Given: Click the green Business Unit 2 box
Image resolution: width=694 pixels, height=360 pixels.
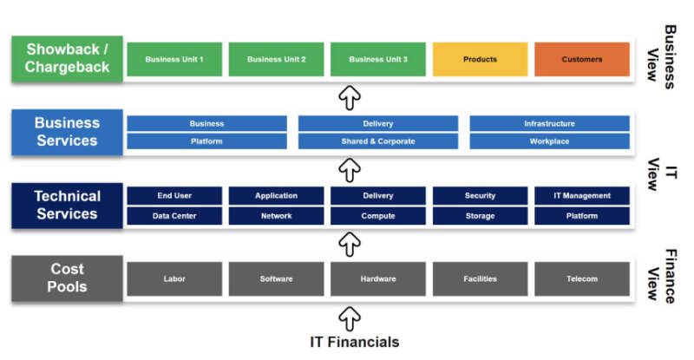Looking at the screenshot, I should (276, 59).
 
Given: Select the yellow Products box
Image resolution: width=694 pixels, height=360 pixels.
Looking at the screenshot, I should (480, 59).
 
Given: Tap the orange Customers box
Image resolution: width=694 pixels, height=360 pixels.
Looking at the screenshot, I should (581, 59).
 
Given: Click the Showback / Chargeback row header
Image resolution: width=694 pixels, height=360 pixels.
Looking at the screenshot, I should (67, 59).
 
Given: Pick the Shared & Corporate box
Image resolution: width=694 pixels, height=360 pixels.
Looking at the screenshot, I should (377, 141).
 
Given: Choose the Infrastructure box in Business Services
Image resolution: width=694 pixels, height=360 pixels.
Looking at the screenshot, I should (549, 124).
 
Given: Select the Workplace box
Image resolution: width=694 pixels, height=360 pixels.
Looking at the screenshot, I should (549, 141).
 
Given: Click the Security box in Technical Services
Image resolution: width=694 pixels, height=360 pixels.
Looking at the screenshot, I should (480, 196).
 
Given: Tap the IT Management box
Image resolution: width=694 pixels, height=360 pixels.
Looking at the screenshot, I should (581, 196).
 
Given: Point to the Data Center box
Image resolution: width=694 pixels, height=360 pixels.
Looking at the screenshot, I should (174, 216).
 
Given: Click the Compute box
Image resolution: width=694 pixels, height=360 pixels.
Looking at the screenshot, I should (377, 216).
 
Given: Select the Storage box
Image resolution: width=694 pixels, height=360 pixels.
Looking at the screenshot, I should (480, 216).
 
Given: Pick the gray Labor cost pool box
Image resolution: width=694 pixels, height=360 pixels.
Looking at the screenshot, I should (174, 278).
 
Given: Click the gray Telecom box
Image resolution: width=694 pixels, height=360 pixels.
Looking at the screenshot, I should (581, 278).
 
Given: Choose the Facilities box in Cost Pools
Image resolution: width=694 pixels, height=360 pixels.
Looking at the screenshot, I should (480, 278).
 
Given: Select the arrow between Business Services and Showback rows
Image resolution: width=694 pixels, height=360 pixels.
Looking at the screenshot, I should (349, 95).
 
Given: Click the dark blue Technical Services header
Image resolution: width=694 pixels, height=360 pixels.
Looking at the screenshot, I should (67, 206).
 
